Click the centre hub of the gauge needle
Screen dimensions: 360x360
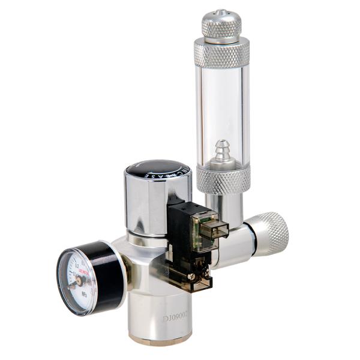click(78, 280)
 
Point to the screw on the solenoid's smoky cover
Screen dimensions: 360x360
click(190, 276)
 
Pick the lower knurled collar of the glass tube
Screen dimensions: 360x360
click(223, 178)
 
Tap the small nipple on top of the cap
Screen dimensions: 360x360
click(221, 11)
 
